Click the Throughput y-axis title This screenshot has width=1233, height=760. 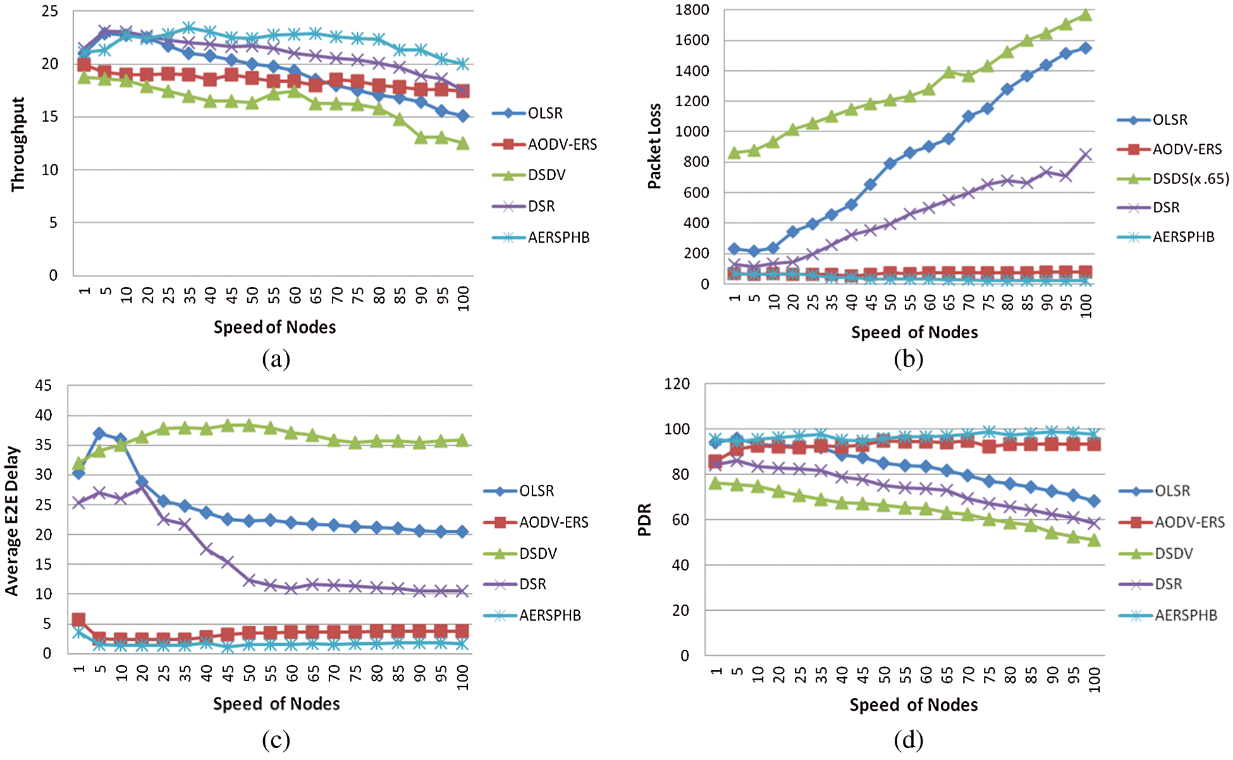(x=18, y=144)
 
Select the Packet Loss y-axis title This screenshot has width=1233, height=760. (x=654, y=146)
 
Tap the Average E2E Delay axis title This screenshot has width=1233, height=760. (x=12, y=520)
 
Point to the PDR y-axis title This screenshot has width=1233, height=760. (x=644, y=520)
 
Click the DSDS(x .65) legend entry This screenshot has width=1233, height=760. (x=1190, y=179)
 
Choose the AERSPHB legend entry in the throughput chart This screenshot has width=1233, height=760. (x=558, y=238)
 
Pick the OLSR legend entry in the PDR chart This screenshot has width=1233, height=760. (x=1172, y=491)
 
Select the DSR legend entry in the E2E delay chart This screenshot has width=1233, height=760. (x=532, y=584)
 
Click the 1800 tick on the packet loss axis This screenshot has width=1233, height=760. (x=692, y=10)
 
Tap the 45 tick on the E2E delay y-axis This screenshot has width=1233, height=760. (x=43, y=386)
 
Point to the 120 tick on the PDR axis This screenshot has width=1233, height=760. (x=677, y=384)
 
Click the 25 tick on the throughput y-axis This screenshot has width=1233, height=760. (x=50, y=11)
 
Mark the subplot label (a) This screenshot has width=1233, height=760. (x=276, y=359)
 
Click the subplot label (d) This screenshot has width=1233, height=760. (x=909, y=739)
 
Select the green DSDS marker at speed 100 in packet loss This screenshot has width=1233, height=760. (x=1086, y=15)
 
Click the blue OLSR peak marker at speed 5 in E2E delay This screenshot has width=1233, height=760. (x=99, y=434)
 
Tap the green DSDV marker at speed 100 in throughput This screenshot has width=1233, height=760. (x=463, y=144)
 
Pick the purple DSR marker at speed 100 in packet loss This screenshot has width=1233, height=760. (x=1086, y=155)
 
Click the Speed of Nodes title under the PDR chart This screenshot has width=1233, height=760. (x=913, y=705)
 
